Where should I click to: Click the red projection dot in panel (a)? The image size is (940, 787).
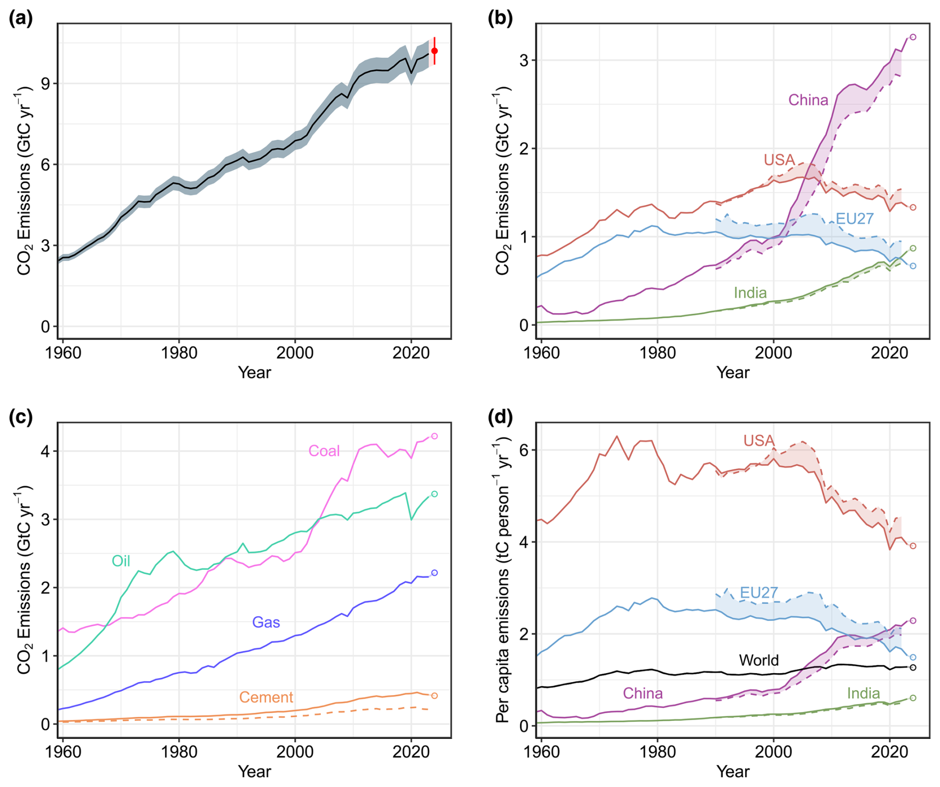tap(434, 51)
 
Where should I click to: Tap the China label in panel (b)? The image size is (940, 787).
tap(808, 100)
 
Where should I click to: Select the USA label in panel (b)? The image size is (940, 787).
tap(779, 160)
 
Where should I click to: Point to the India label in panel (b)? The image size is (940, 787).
tap(750, 293)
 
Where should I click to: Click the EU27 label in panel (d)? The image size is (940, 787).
tap(759, 593)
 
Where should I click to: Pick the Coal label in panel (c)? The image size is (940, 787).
tap(324, 451)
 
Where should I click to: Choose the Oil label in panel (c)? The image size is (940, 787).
tap(121, 561)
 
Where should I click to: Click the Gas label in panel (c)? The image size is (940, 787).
tap(266, 622)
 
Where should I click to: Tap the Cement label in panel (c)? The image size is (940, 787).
tap(266, 698)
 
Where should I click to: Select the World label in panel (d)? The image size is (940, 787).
tap(759, 660)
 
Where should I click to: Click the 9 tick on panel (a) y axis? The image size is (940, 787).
tap(46, 84)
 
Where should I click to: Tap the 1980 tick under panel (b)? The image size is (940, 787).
tap(657, 353)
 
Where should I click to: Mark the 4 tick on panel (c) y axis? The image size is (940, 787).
tap(46, 451)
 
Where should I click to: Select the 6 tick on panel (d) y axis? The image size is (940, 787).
tap(525, 450)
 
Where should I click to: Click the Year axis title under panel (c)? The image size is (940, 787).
tap(254, 771)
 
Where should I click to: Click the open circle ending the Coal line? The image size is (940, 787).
tap(434, 436)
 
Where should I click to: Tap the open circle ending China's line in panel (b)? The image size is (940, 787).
tap(913, 37)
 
